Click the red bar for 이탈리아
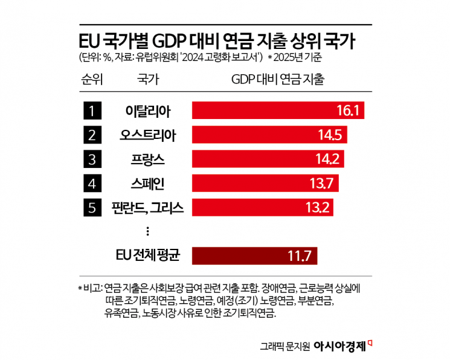click(278, 111)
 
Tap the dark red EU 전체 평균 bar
click(254, 256)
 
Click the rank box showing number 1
click(92, 111)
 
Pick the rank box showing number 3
click(92, 159)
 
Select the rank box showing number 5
click(92, 208)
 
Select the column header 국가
click(146, 79)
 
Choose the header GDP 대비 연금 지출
click(278, 79)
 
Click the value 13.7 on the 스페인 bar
click(323, 184)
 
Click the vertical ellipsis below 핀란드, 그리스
click(147, 231)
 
